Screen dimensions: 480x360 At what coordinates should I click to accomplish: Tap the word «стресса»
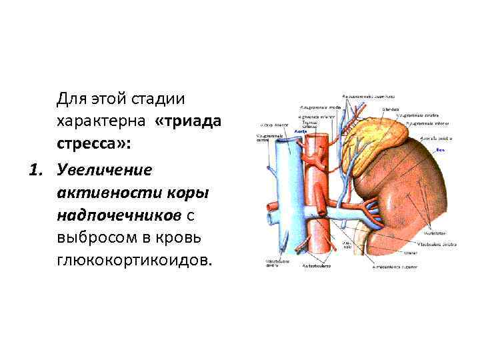click(94, 145)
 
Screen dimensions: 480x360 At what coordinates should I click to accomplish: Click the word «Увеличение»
click(105, 169)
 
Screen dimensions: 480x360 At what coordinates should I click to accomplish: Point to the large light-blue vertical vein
click(283, 200)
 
